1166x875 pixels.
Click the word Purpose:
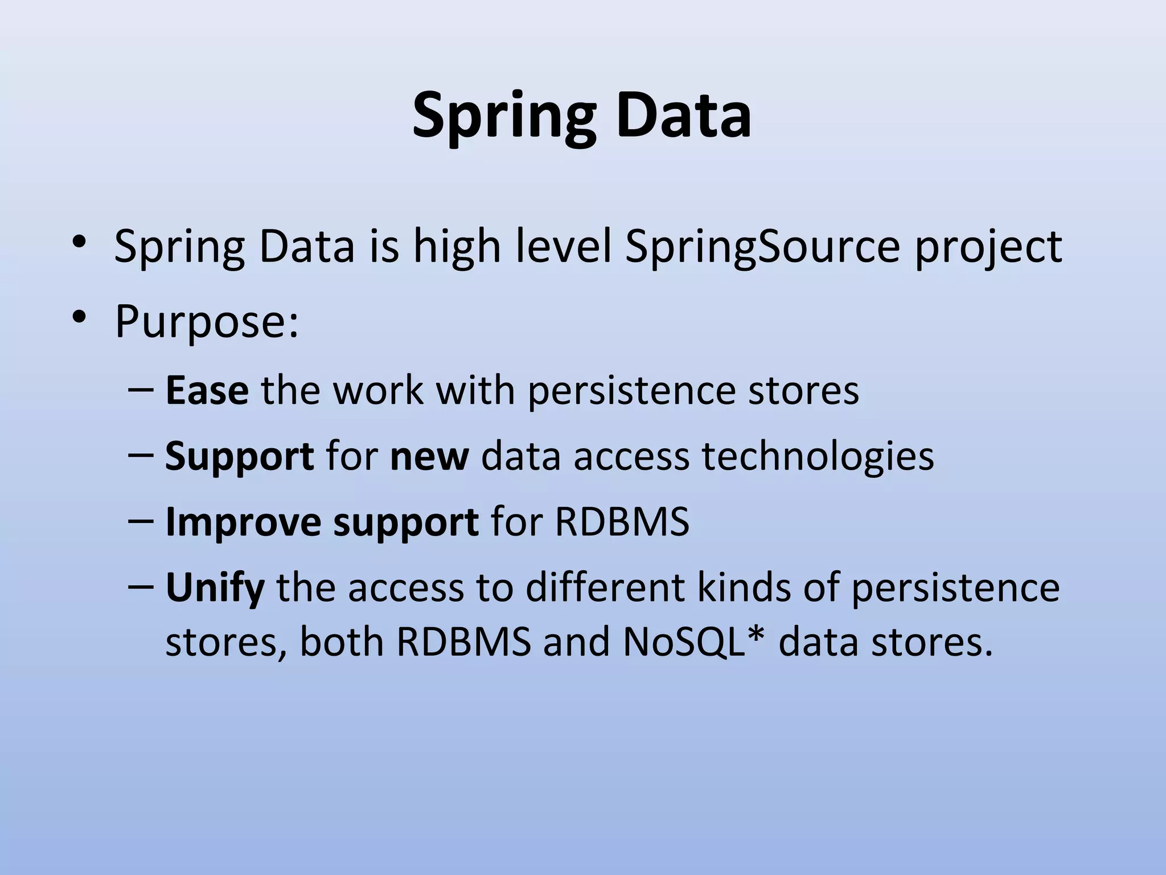coord(207,322)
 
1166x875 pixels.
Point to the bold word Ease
coord(207,391)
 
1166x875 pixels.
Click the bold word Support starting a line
coord(239,457)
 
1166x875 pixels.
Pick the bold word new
coord(429,457)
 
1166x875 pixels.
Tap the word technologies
coord(818,457)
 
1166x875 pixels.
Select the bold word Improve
coord(244,522)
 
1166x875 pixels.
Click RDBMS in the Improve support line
coord(622,522)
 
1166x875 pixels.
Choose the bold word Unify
coord(215,588)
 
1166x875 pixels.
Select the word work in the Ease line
coord(377,391)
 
